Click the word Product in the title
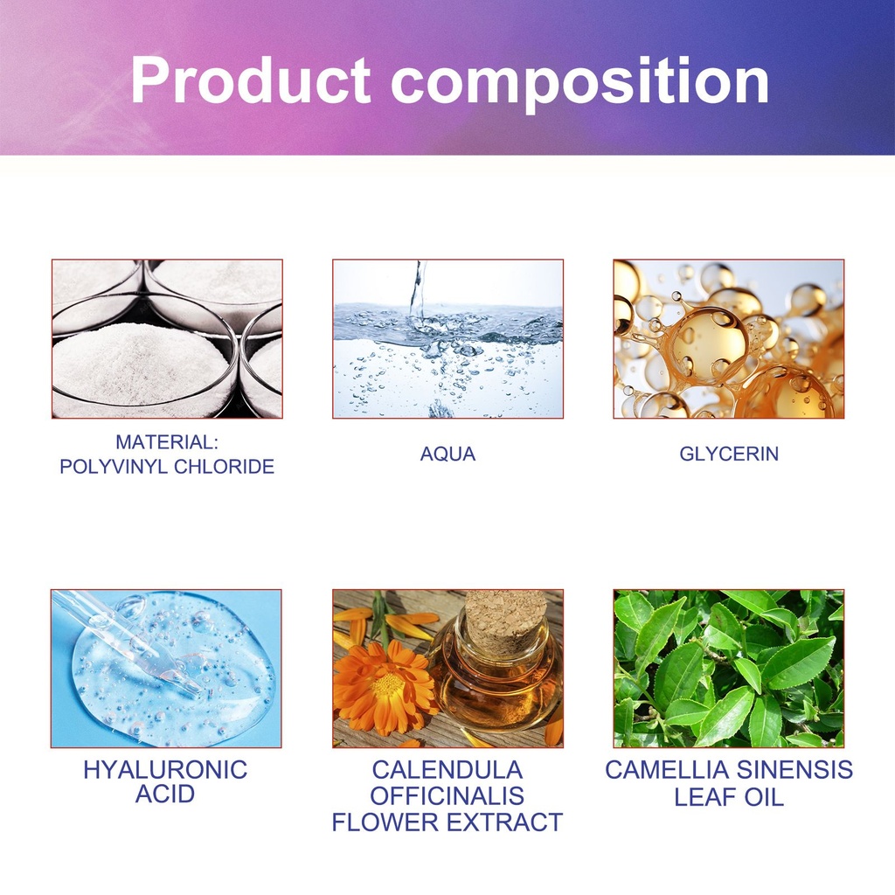coord(251,80)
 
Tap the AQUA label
coord(447,454)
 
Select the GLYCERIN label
coord(729,454)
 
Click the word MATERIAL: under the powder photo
coord(167,442)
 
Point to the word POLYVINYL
coord(114,467)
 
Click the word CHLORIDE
coord(225,467)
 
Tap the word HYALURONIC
coord(165,770)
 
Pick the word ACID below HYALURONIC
coord(165,794)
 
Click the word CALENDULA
coord(447,770)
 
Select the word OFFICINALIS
coord(447,796)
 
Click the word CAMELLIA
coord(667,770)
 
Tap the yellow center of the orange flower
coord(389,684)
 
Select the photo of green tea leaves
coord(728,669)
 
